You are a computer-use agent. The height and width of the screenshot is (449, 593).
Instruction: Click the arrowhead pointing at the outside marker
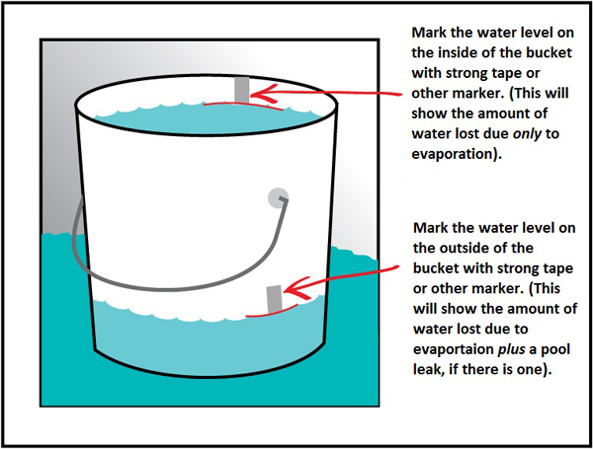coord(291,291)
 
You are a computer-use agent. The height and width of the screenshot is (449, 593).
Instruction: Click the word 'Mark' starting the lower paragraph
coord(427,228)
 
